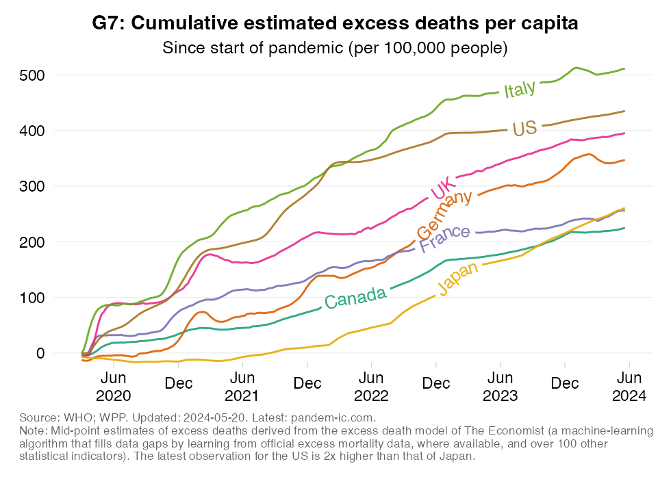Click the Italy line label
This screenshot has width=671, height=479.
520,90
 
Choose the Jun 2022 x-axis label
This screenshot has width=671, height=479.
371,386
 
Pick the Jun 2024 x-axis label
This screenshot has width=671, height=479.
629,386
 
